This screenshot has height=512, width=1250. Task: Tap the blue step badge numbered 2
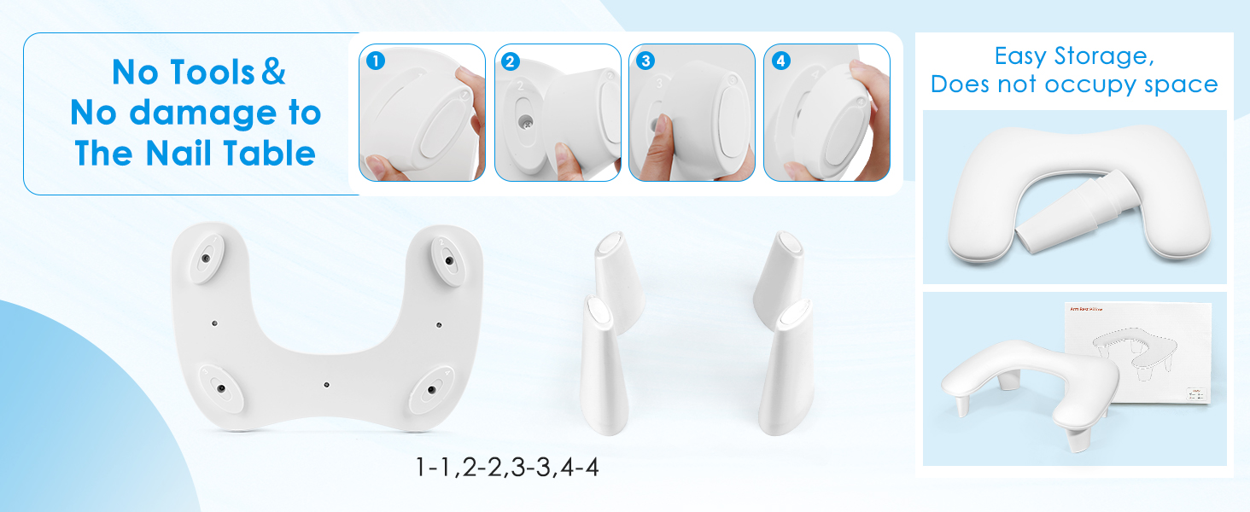(x=511, y=61)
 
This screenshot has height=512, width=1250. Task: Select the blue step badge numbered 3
(x=645, y=61)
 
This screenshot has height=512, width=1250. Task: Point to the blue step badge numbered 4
(x=780, y=61)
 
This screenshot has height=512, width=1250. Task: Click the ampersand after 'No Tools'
(x=273, y=73)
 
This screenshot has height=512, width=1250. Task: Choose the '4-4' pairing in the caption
(x=581, y=468)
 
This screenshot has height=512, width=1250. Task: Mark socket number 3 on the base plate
(x=220, y=388)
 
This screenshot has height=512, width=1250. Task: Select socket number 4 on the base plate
(x=431, y=389)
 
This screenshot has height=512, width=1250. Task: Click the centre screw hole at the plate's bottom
(x=326, y=385)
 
